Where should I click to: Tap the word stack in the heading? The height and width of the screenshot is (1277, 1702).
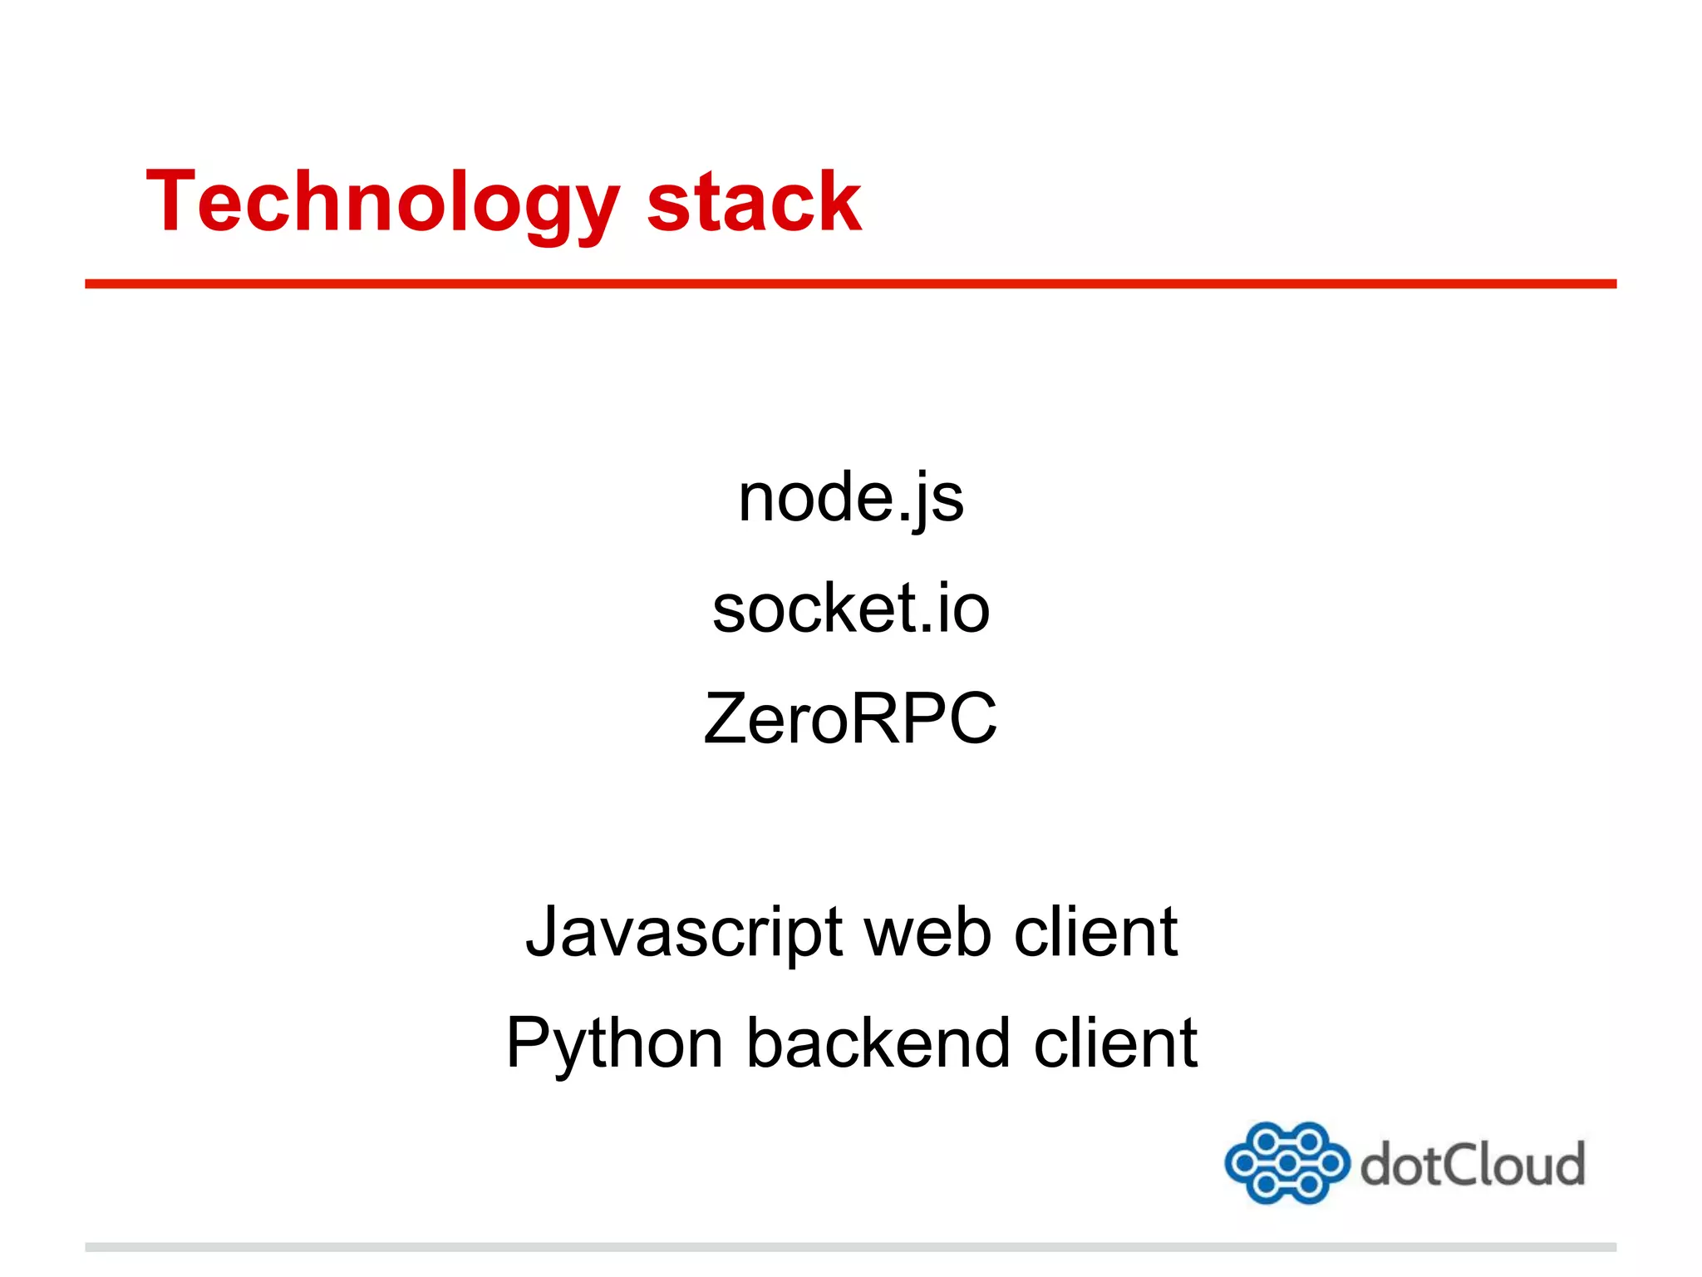[754, 202]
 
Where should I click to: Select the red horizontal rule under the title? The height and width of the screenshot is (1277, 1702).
[850, 284]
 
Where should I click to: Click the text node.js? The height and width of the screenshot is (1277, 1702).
[851, 499]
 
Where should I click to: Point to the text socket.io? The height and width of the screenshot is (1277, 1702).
[851, 609]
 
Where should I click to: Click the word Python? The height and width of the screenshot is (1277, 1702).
[614, 1043]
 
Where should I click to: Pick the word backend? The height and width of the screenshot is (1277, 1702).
[878, 1043]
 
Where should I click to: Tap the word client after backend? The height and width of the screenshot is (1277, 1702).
[1115, 1043]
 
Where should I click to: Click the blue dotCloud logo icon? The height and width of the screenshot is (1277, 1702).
[1286, 1162]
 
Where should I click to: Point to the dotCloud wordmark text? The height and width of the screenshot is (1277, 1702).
[1473, 1165]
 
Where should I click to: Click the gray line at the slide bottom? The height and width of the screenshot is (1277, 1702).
[850, 1247]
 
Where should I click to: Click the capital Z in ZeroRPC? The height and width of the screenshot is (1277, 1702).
[726, 719]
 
